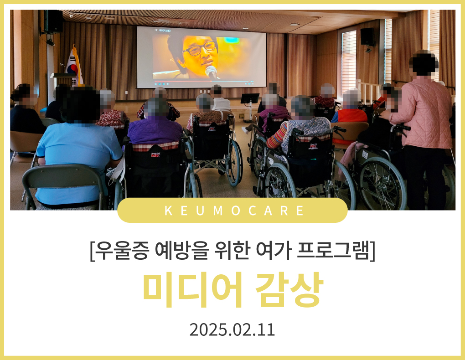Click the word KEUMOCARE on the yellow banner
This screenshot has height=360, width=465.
tap(234, 211)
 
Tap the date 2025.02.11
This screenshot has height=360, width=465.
tap(232, 329)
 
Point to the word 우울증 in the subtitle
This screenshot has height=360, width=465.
tap(122, 251)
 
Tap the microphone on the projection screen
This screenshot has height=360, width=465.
tap(212, 72)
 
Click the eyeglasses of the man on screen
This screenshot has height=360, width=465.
tap(199, 49)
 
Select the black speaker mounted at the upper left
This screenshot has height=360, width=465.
tap(53, 21)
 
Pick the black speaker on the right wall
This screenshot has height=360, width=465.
tap(367, 36)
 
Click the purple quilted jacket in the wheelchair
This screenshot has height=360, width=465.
tap(155, 130)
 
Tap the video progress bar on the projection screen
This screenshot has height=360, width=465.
tap(201, 81)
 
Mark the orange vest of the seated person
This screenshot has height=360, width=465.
tap(352, 116)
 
